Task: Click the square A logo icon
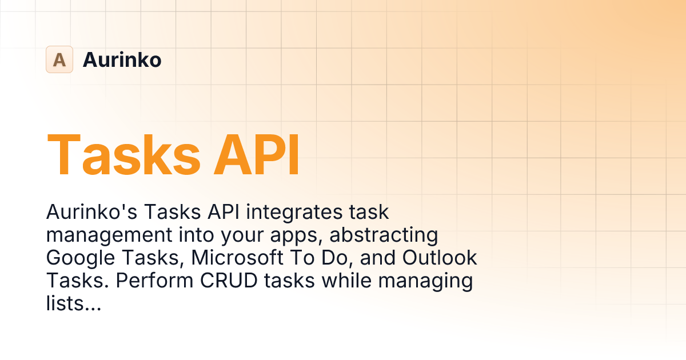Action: pos(59,59)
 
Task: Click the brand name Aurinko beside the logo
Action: pos(122,59)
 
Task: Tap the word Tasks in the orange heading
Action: pos(124,154)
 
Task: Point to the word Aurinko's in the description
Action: pos(91,213)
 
